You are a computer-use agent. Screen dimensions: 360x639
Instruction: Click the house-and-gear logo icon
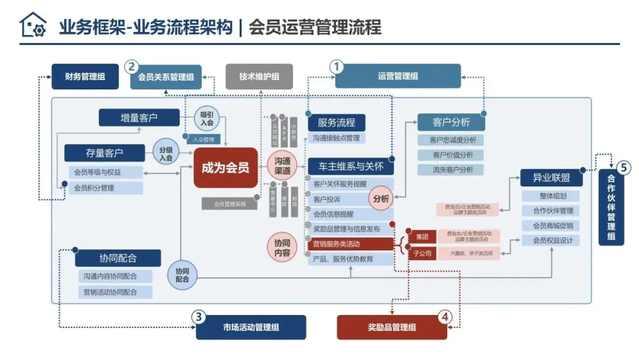click(33, 25)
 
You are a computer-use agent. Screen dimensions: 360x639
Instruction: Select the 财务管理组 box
click(86, 76)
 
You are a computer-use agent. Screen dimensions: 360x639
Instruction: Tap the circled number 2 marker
click(132, 66)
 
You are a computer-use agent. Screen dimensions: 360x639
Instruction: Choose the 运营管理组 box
click(398, 76)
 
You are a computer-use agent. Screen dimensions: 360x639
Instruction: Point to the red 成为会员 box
click(225, 168)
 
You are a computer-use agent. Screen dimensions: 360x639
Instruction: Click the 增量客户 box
click(139, 117)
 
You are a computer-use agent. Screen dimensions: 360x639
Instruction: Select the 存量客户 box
click(105, 153)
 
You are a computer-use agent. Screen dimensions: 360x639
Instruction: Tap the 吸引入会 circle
click(206, 118)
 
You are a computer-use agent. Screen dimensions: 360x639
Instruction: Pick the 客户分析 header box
click(451, 123)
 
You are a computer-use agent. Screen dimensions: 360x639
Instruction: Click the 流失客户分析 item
click(450, 169)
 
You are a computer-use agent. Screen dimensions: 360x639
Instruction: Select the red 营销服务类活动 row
click(350, 244)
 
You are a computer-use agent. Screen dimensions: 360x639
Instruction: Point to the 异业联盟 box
click(551, 178)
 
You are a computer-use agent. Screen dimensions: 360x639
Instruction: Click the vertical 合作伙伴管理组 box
click(611, 208)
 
